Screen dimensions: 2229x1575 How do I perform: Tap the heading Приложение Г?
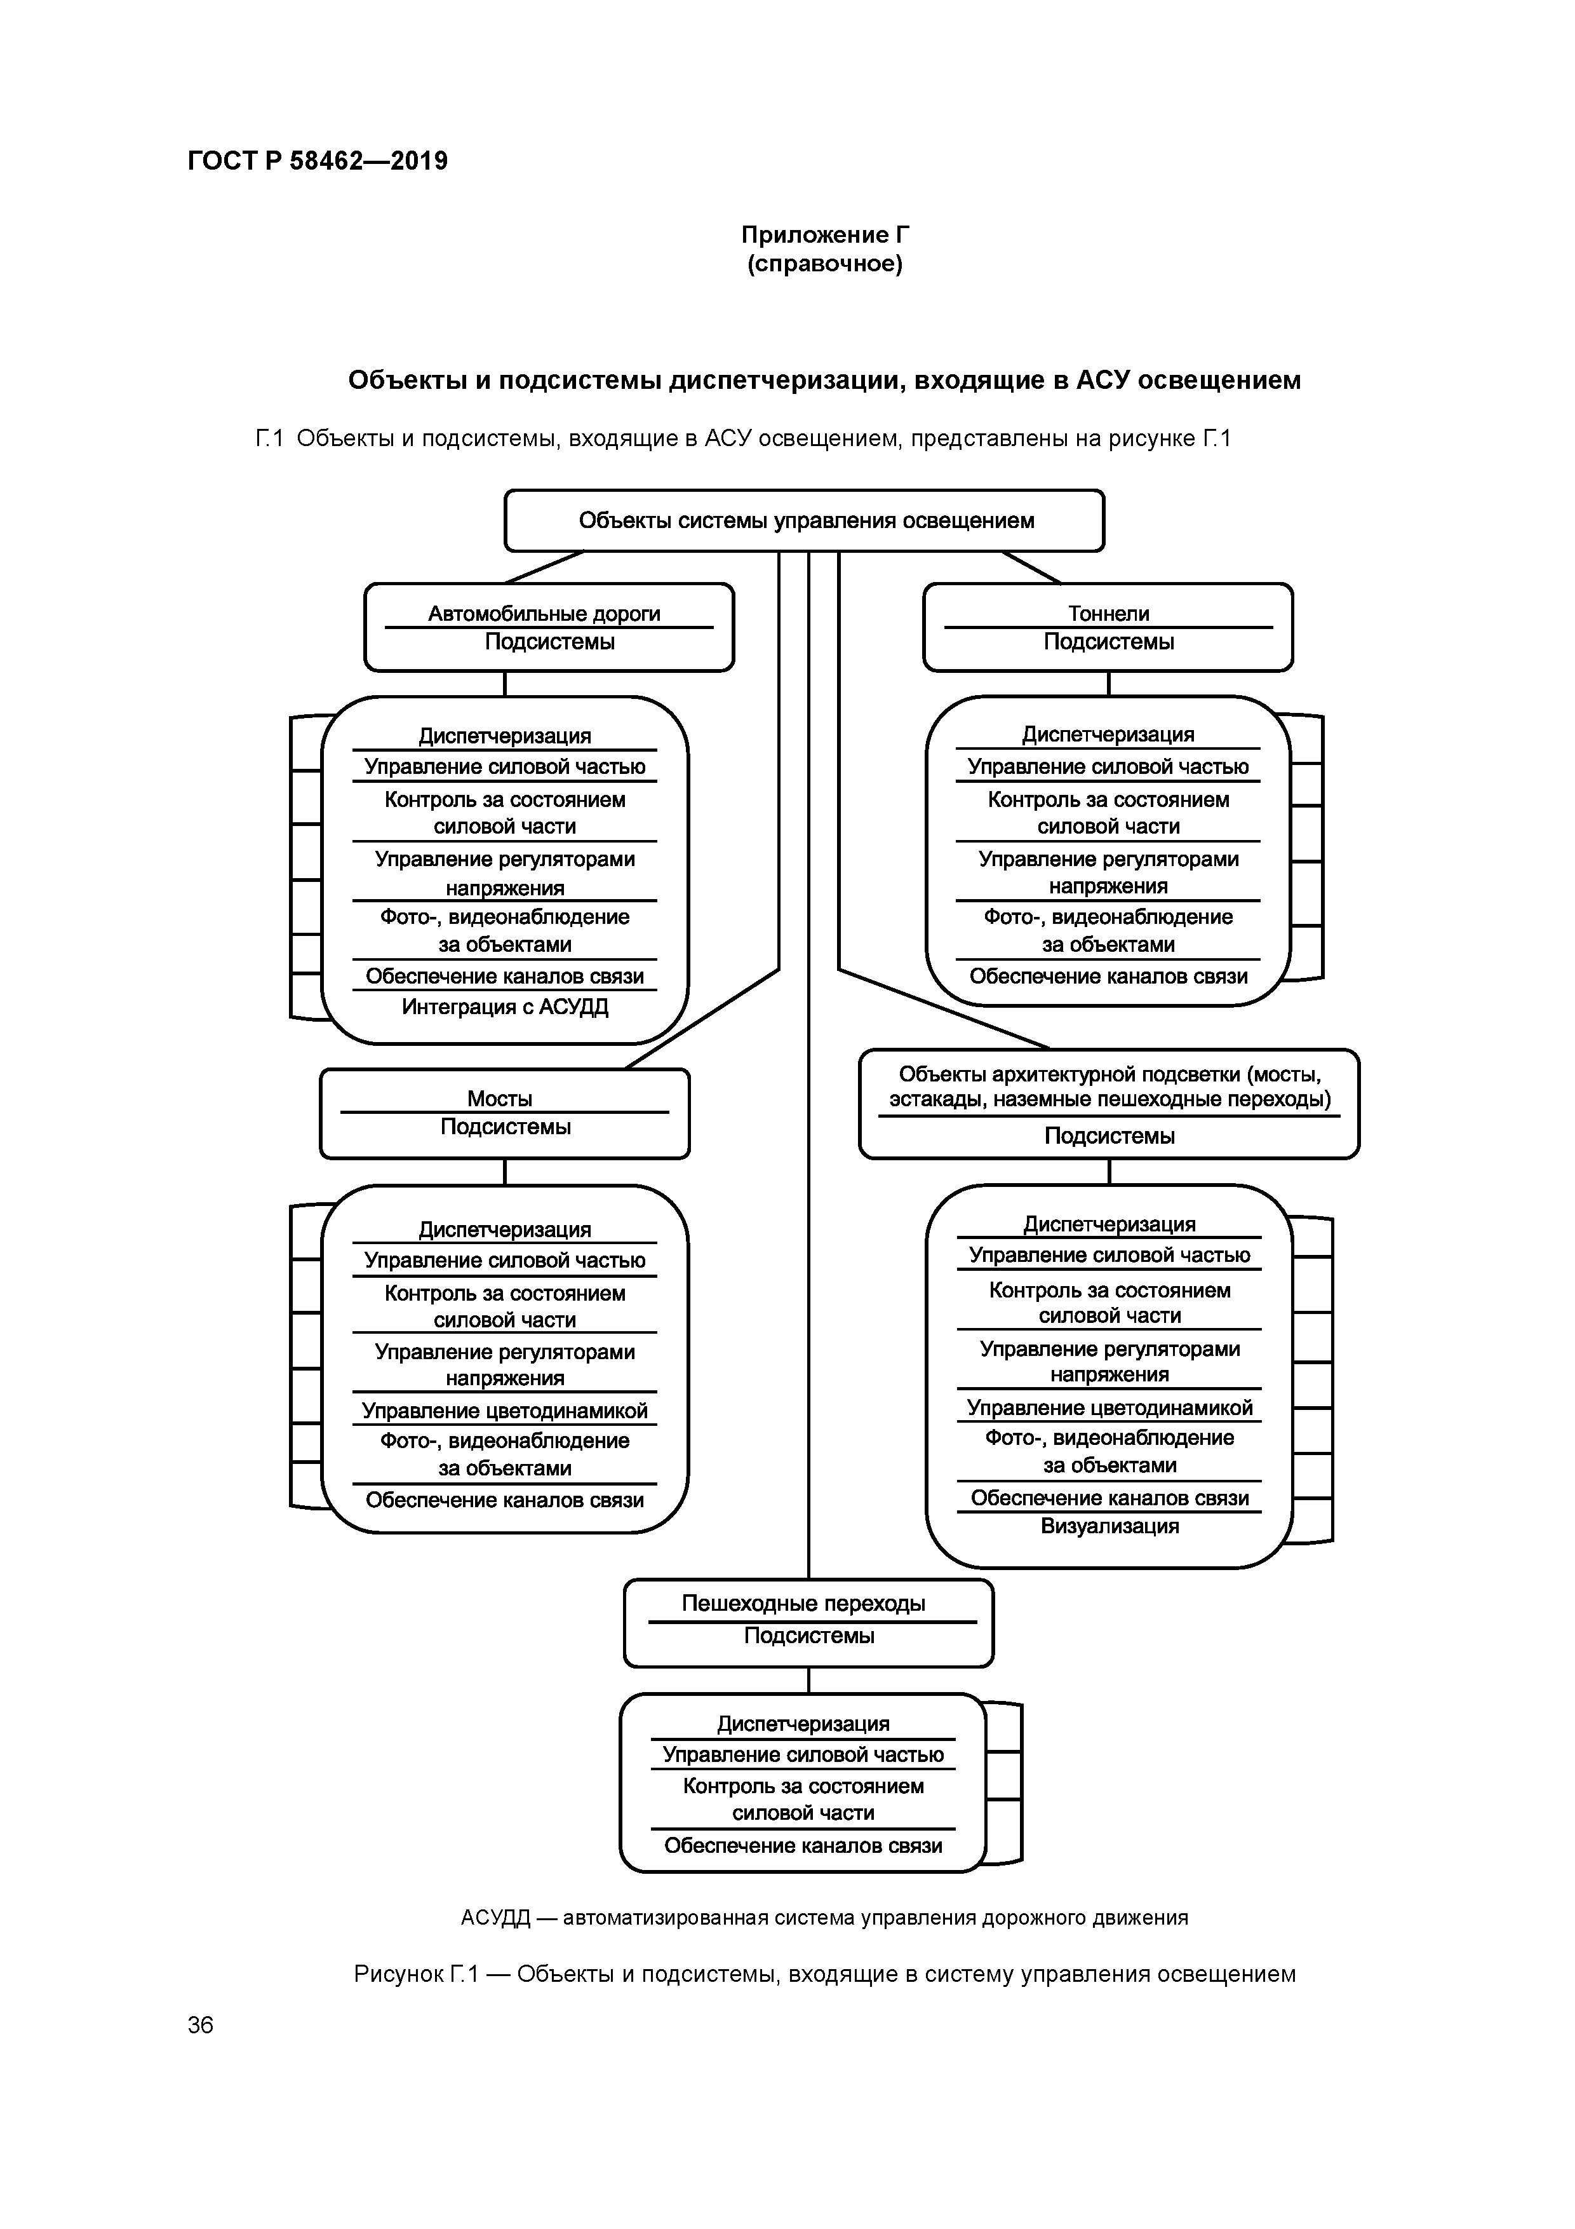825,235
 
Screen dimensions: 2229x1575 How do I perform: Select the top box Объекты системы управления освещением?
805,521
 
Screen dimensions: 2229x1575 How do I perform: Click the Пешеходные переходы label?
803,1604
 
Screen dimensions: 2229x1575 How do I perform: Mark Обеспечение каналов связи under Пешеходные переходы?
803,1845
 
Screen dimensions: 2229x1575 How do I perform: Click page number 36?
201,2025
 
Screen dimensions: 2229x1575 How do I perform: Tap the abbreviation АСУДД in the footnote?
495,1918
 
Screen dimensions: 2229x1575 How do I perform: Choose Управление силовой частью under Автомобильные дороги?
505,767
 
